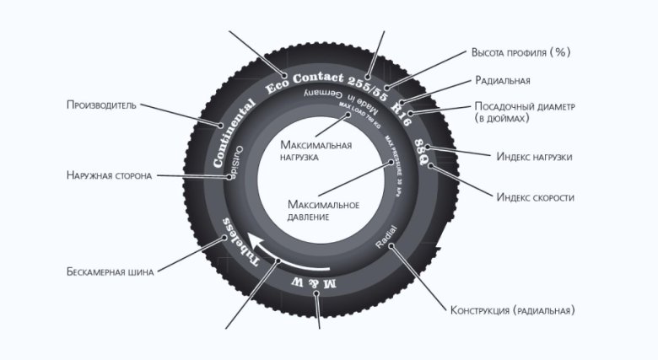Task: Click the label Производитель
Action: point(101,105)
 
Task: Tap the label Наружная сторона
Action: point(109,176)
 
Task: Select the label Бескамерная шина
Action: point(109,272)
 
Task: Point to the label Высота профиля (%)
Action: point(520,52)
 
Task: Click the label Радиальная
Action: point(503,81)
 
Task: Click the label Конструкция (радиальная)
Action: point(513,310)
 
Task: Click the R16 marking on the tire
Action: point(402,113)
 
